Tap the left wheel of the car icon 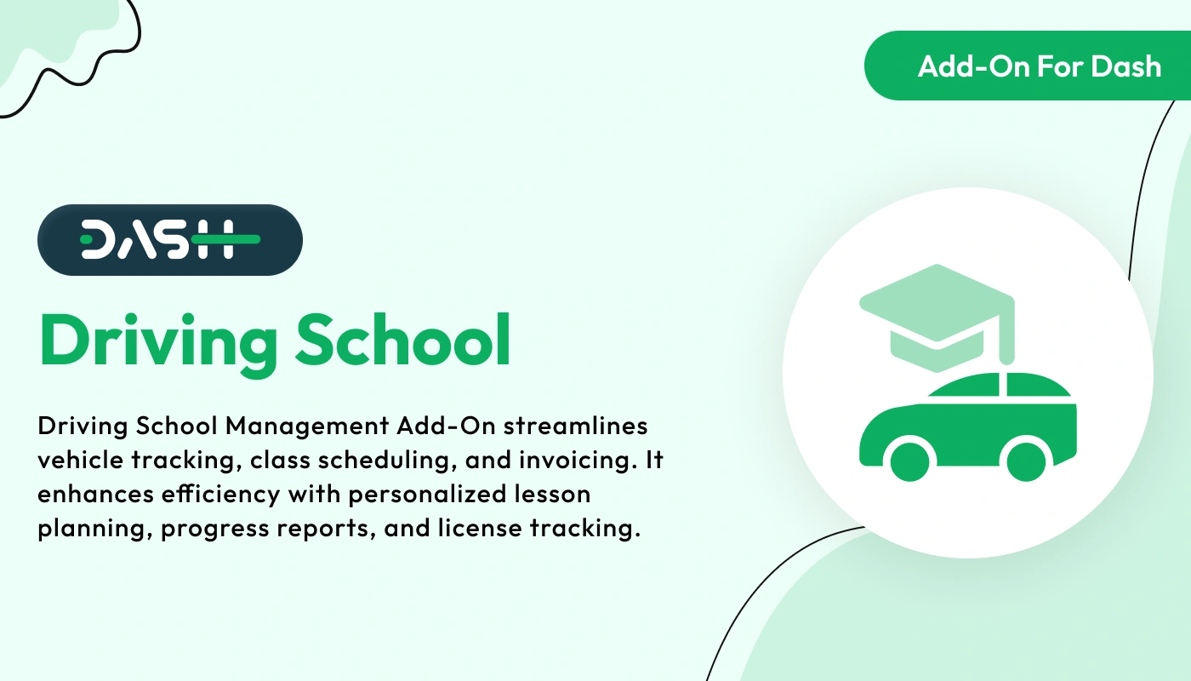click(x=909, y=459)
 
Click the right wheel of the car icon click(x=1025, y=459)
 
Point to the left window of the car click(x=966, y=388)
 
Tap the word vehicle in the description click(x=78, y=460)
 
